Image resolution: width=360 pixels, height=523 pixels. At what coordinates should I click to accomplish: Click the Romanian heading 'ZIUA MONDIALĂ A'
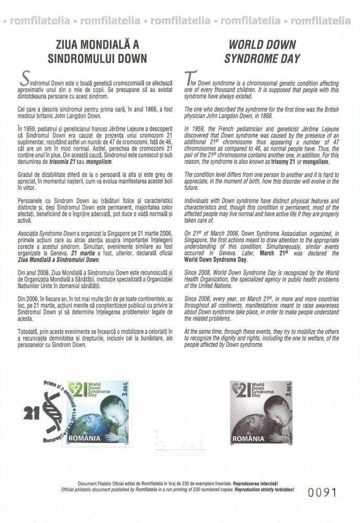click(x=94, y=44)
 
